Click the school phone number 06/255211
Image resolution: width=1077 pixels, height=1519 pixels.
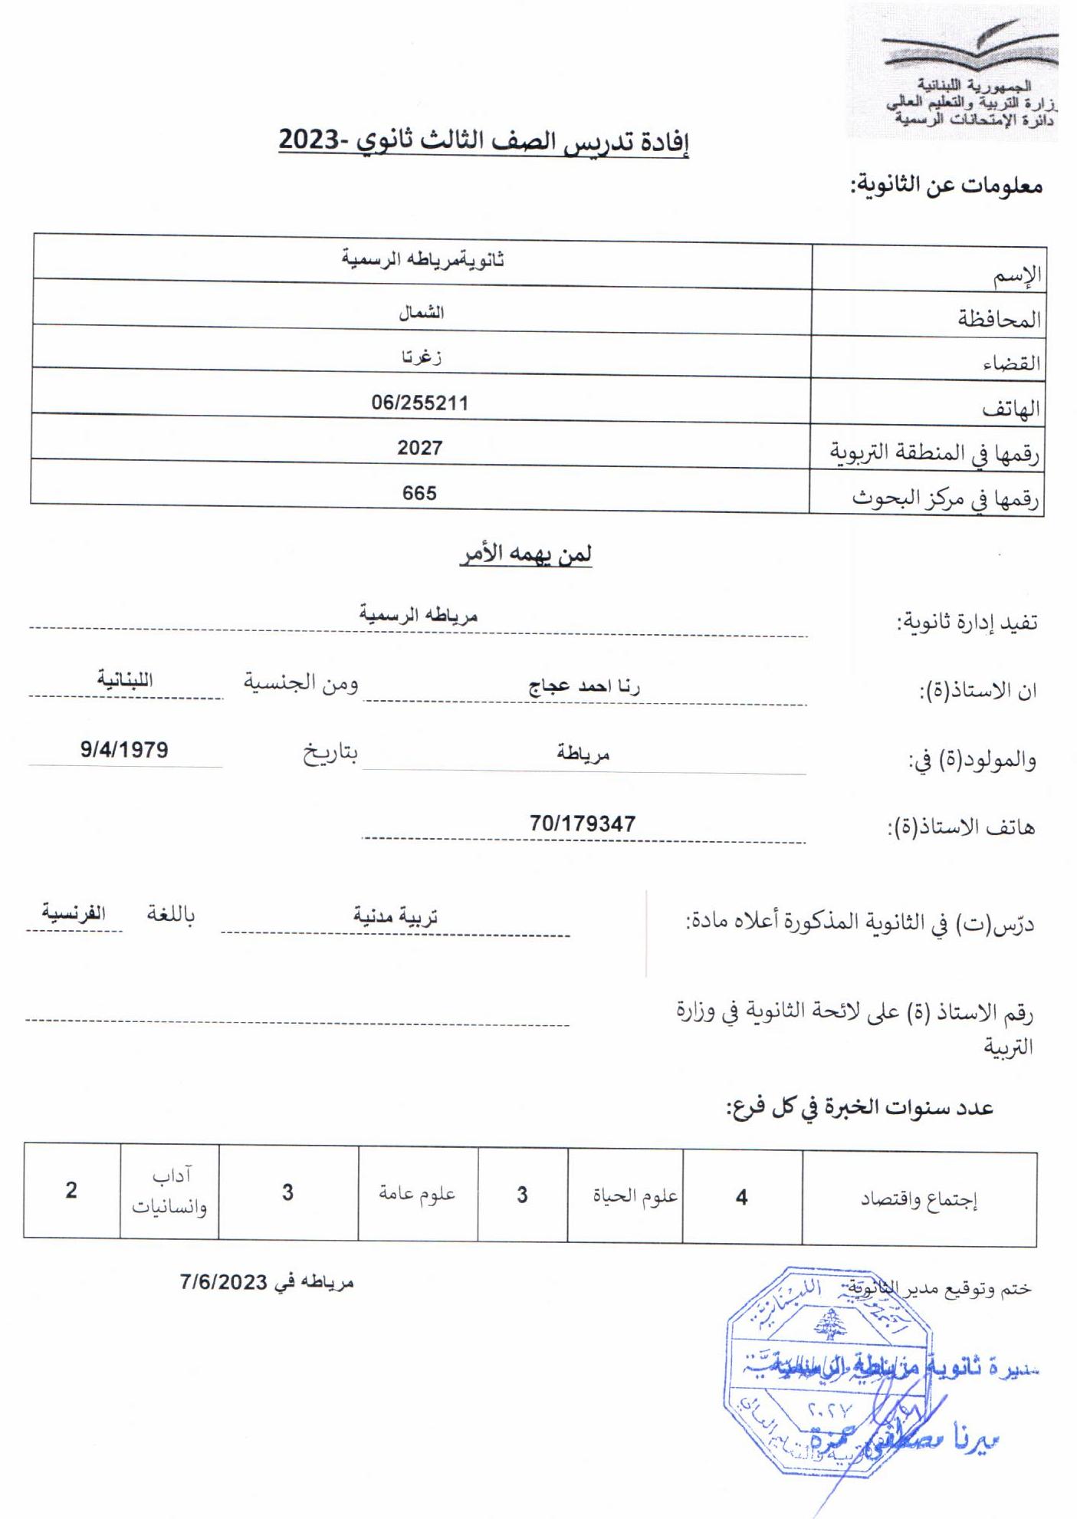pos(419,403)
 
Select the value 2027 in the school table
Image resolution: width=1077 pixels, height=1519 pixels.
pos(419,448)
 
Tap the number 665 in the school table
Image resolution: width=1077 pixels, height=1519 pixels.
pos(419,493)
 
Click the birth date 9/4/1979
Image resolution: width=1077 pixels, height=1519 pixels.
pos(124,749)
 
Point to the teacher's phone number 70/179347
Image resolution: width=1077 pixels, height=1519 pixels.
pos(582,824)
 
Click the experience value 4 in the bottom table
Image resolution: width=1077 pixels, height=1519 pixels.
pos(741,1198)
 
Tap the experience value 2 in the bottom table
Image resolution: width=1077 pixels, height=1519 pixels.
pos(71,1191)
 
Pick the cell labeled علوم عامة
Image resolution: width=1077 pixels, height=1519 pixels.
pos(417,1194)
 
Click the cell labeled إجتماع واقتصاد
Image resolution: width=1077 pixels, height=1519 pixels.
pos(918,1200)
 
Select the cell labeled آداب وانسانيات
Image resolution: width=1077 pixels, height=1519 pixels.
pos(169,1192)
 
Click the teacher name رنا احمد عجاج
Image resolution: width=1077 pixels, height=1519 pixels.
pos(583,687)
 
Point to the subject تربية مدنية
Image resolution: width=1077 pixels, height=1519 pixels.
pos(395,916)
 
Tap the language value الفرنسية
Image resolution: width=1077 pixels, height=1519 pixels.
pos(74,913)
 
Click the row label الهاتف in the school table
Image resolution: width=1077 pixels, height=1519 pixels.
pos(1011,409)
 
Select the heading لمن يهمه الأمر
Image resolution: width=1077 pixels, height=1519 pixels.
pos(526,554)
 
